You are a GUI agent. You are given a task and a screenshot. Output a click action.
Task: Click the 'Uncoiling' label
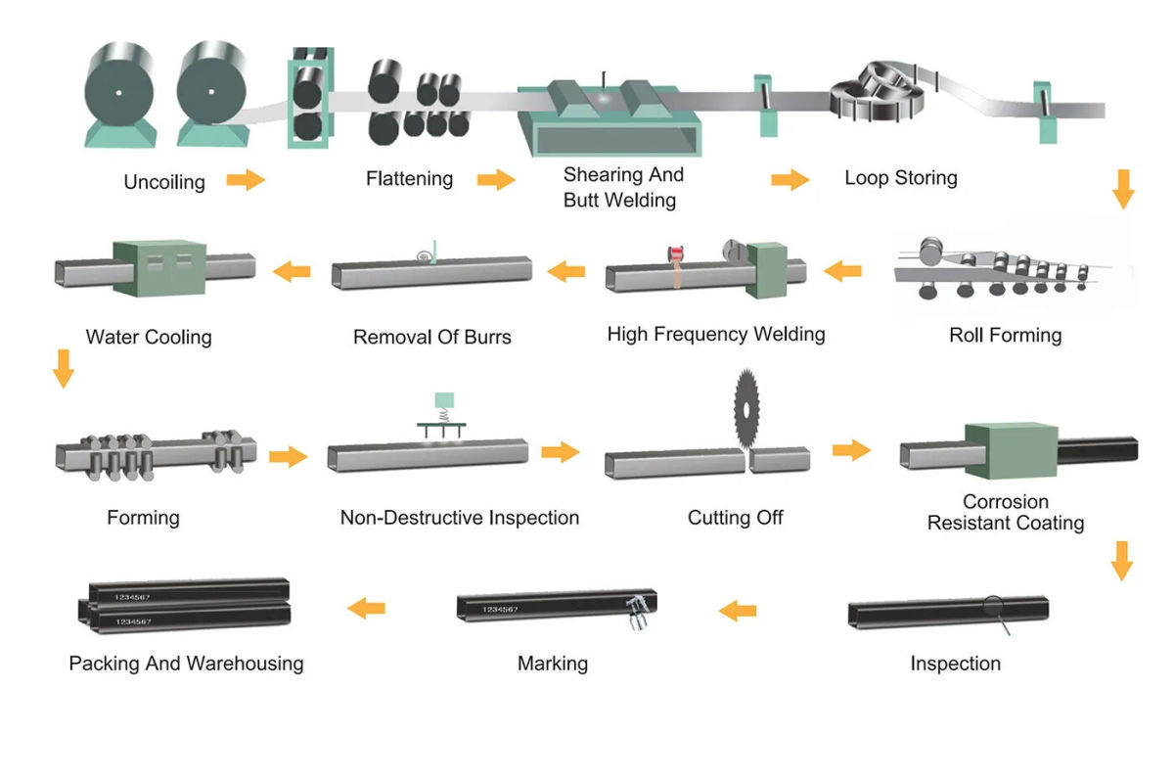click(x=164, y=182)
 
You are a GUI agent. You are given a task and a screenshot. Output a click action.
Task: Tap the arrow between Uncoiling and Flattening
click(x=246, y=179)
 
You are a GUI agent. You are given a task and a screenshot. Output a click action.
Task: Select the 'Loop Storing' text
click(x=900, y=178)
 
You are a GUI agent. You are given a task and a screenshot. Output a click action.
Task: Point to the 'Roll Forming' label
click(x=1005, y=336)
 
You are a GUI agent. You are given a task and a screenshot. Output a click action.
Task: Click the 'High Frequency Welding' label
click(x=715, y=335)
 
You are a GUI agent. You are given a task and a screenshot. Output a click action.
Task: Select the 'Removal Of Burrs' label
click(x=431, y=338)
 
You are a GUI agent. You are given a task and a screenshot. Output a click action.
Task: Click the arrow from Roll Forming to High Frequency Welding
click(x=843, y=270)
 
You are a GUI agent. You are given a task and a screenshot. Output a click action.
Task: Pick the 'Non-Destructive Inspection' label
click(x=459, y=517)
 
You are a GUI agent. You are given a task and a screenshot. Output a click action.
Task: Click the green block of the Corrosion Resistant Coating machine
click(x=1011, y=452)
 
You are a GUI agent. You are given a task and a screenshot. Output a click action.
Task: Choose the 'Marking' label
click(x=553, y=664)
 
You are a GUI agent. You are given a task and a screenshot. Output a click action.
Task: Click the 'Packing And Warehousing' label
click(x=186, y=664)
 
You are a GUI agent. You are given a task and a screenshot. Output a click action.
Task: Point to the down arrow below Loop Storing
click(x=1123, y=188)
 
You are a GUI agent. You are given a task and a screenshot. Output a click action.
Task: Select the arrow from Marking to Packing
click(x=367, y=609)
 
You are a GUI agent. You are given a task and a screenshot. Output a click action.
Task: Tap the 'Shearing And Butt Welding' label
click(x=623, y=187)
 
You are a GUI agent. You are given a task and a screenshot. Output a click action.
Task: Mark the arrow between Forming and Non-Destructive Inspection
click(x=288, y=456)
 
